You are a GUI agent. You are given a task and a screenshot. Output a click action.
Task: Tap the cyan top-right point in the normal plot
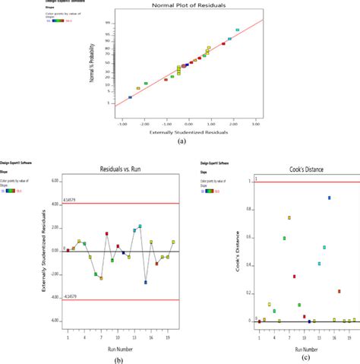(x=237, y=30)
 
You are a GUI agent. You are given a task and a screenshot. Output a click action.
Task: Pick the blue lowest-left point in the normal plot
(x=130, y=97)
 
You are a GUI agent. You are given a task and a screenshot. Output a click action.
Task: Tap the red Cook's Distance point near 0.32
(x=295, y=277)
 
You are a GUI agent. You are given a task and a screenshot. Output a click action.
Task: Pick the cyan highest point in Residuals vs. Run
(x=140, y=226)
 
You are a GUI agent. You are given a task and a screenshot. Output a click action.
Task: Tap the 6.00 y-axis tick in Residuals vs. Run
(x=54, y=182)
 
